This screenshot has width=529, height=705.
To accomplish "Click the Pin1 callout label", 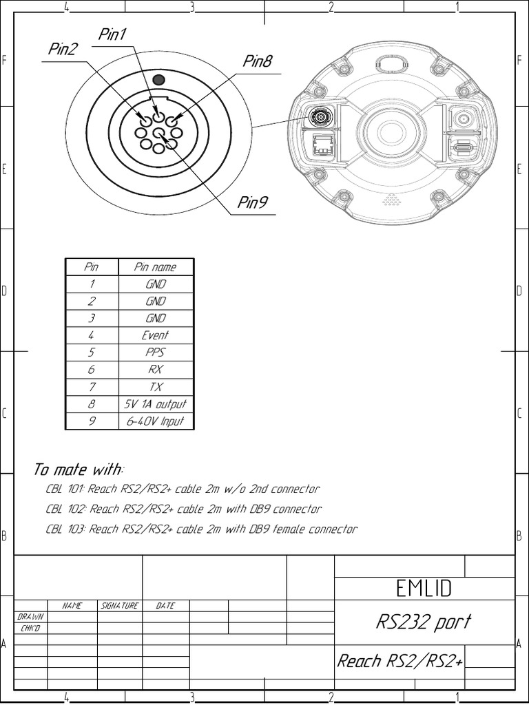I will pos(113,35).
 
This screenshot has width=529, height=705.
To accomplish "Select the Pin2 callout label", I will pos(63,50).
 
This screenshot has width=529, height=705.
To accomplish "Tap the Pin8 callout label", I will pos(258,62).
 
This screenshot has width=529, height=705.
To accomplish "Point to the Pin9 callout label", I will pos(253,202).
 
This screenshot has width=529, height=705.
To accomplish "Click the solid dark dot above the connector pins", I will pos(158,80).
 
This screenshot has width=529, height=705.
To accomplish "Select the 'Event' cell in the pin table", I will pos(156,335).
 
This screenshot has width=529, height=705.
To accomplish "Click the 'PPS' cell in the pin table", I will pos(156,352).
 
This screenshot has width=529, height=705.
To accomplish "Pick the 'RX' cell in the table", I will pos(156,370).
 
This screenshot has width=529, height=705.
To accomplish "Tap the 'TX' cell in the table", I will pos(156,387).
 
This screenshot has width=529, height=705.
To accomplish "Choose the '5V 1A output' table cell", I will pos(156,404).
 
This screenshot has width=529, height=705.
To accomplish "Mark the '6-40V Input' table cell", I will pos(156,421).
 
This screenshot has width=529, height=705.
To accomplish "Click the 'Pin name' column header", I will pos(156,267).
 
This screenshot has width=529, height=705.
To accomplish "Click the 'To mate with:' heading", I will pos(79,470).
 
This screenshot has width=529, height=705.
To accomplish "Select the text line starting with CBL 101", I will pos(183,490).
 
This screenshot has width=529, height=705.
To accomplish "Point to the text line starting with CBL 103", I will pos(201,529).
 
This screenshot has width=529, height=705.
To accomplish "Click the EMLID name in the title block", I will pos(424,588).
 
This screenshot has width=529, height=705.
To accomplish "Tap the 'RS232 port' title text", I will pos(424,622).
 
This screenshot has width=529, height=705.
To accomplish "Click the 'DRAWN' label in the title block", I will pos(30,618).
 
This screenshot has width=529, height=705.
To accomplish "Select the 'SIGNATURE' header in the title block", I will pos(120,606).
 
